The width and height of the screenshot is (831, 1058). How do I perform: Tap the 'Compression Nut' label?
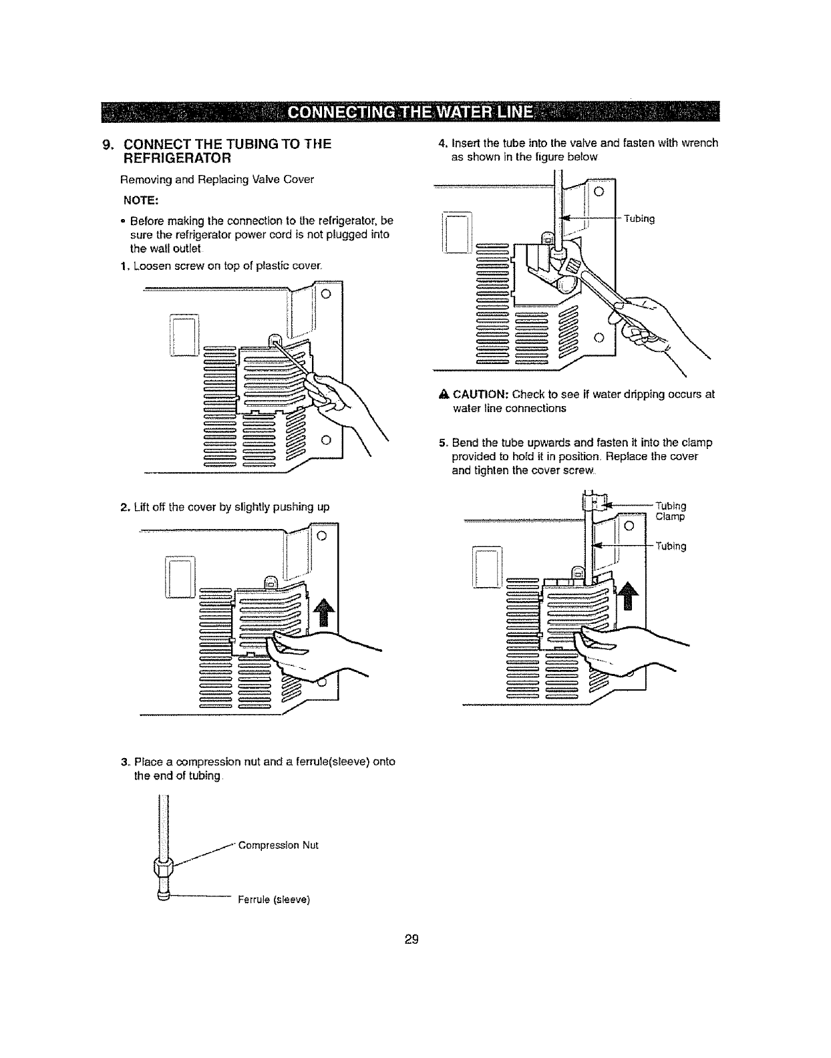pyautogui.click(x=279, y=845)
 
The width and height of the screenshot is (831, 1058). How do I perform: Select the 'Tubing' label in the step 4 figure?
pyautogui.click(x=639, y=218)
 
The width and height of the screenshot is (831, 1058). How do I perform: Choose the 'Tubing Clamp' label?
pyautogui.click(x=671, y=511)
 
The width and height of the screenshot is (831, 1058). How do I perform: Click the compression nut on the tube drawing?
pyautogui.click(x=163, y=868)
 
